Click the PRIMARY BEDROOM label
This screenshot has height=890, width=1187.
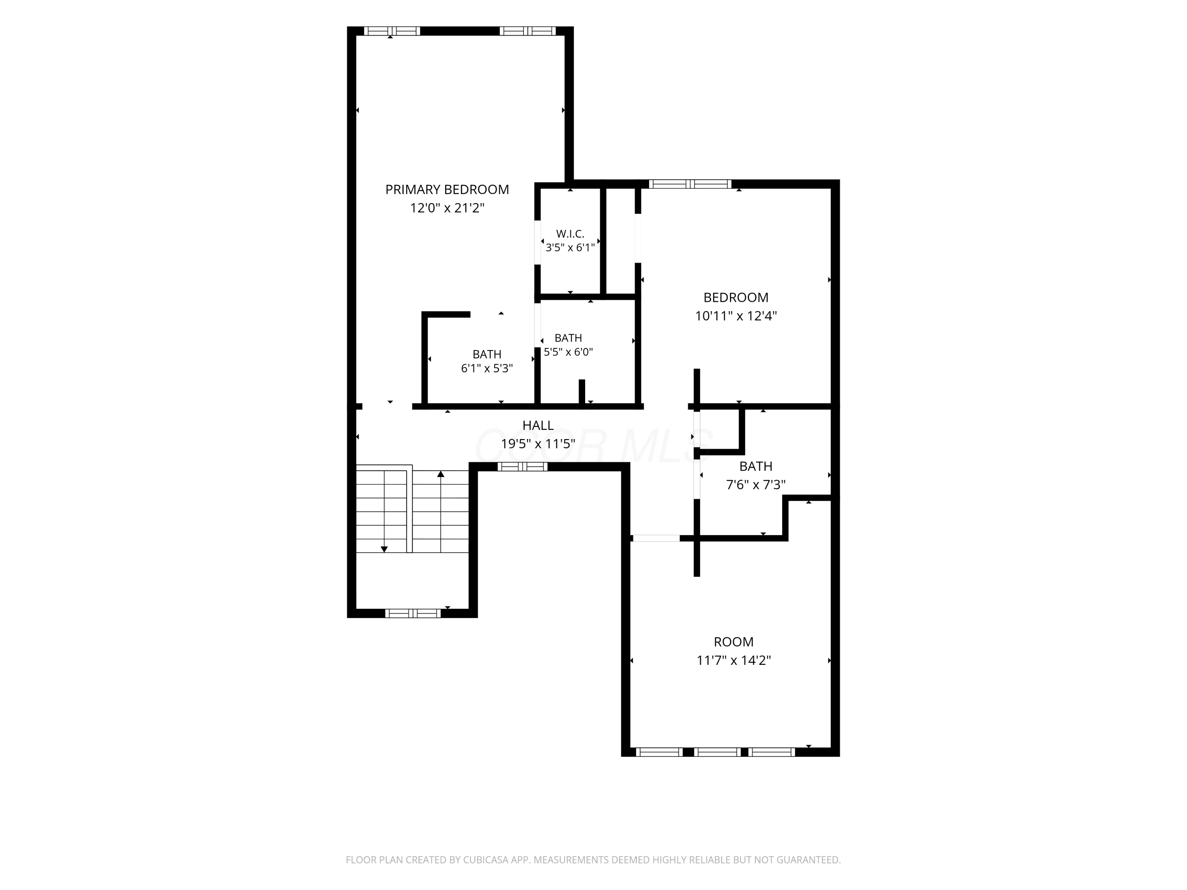(447, 189)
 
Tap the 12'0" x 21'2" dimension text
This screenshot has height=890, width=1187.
(447, 208)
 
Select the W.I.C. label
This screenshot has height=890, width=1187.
(570, 234)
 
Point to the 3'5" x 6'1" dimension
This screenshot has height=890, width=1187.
(570, 247)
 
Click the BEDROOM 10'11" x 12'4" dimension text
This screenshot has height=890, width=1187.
(736, 315)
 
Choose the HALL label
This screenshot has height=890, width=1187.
(538, 425)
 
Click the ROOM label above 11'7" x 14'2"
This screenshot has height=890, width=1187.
(734, 642)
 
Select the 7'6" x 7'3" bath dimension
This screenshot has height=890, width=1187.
(756, 485)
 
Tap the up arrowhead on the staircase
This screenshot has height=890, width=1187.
(440, 474)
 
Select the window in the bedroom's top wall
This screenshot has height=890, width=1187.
(690, 184)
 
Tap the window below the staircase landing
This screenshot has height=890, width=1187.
(413, 613)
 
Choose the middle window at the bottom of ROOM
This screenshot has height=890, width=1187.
(717, 752)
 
